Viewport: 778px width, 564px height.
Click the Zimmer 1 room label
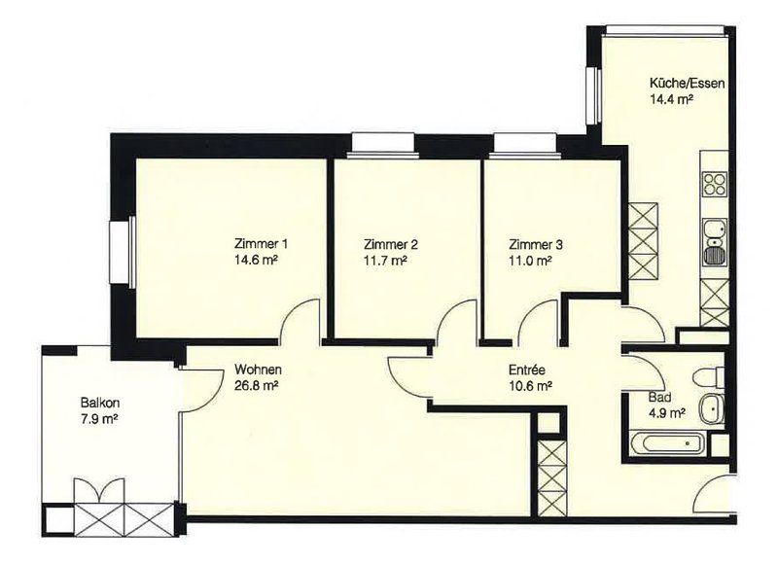261,244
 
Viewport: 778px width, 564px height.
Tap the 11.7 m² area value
385,261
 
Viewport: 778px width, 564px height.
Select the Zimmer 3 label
536,244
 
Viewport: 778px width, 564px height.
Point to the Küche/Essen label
688,83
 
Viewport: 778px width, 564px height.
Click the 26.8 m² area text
256,385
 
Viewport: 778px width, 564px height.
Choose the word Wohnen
258,370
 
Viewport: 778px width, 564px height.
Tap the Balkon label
100,403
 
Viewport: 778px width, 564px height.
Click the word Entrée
527,370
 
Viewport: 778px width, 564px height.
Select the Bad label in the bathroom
660,398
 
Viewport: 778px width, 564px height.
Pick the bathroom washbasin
712,408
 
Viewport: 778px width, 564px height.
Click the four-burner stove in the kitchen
715,184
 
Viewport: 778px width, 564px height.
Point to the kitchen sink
715,241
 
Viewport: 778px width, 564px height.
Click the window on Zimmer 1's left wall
123,252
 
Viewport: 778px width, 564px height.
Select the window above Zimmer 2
382,146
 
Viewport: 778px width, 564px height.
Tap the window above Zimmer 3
524,146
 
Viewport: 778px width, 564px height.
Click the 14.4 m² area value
671,99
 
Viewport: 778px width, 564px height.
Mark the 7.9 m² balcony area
99,419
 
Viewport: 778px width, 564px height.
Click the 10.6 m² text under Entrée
531,385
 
